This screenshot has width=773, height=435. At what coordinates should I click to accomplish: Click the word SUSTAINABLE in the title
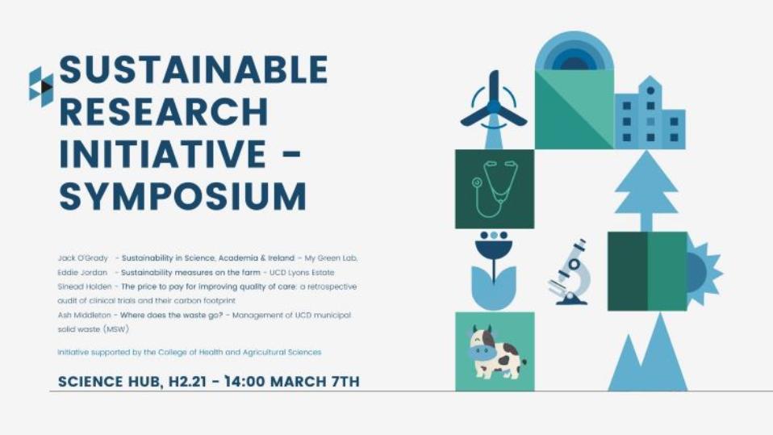[194, 69]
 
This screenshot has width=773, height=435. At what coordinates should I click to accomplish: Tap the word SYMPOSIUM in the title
[183, 196]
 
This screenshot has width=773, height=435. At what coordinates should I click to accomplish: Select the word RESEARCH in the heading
[164, 111]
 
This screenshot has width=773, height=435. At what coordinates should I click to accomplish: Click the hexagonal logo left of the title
[41, 87]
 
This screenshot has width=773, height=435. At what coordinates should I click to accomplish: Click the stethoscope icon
[495, 190]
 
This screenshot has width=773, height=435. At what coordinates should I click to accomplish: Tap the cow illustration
[495, 352]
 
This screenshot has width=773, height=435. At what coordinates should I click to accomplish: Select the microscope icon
[570, 272]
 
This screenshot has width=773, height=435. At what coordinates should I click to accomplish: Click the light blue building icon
[650, 113]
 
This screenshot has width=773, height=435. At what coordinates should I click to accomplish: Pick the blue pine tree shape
[646, 190]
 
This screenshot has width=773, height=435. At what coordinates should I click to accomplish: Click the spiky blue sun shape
[704, 272]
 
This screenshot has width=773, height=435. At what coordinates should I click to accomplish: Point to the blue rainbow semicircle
[575, 50]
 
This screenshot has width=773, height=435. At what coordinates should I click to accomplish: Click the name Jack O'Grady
[83, 258]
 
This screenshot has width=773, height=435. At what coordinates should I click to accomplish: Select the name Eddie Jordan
[82, 272]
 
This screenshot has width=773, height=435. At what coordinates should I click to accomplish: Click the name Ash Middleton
[84, 315]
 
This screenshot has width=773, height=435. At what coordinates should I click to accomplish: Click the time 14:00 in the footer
[243, 382]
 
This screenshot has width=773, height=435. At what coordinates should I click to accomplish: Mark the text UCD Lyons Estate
[302, 272]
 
